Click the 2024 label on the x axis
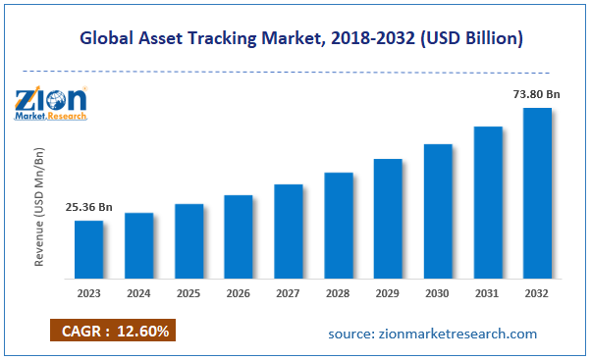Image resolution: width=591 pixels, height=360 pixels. tap(138, 292)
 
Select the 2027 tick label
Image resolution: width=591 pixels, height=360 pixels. tap(288, 292)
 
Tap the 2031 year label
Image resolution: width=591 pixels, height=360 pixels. tap(488, 292)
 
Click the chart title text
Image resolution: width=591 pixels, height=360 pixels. tap(295, 38)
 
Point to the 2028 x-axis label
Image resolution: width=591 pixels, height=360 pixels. tap(338, 292)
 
